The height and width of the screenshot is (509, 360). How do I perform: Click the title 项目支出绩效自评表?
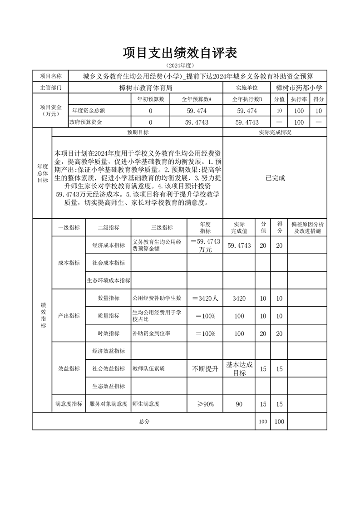point(180,54)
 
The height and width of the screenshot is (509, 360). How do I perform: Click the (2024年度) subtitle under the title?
point(180,66)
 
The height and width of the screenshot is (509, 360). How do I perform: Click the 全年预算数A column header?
point(196,99)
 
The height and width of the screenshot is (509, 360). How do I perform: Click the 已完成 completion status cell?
point(275,178)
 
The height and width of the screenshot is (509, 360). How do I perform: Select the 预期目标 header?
point(138,132)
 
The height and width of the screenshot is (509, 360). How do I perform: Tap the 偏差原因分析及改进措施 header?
point(307,228)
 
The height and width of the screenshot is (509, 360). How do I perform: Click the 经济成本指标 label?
point(108,245)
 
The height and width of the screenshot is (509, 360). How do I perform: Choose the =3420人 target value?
point(205,298)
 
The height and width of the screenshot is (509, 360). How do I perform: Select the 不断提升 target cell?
point(205,368)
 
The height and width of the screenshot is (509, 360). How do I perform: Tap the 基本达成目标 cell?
point(239,368)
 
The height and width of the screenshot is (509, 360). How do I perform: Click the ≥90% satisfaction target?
point(205,404)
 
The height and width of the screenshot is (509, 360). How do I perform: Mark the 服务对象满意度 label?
point(108,404)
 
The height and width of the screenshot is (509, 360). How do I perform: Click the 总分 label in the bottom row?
point(144,421)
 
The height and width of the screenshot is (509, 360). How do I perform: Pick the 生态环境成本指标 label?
point(108,280)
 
